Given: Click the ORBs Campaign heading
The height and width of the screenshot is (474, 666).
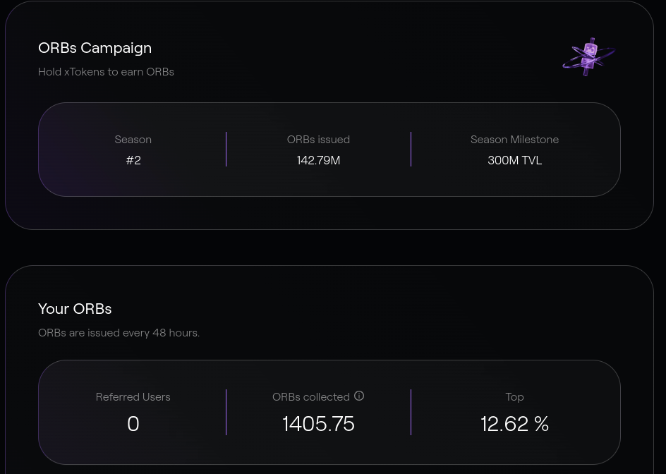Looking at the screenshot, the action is (95, 49).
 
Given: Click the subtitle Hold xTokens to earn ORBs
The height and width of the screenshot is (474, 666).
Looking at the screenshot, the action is (107, 72).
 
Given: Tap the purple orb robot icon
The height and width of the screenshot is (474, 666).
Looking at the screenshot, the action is (588, 57).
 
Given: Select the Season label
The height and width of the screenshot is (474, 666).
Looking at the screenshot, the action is (133, 140).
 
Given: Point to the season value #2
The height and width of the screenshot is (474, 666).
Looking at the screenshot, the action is (133, 160).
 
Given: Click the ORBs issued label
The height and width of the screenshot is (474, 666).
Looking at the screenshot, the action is (319, 140).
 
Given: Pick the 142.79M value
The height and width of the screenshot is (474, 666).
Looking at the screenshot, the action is (319, 160).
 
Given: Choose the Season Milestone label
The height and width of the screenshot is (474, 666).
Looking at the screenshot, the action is (515, 140).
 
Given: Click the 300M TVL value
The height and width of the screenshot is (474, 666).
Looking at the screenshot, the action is (515, 160).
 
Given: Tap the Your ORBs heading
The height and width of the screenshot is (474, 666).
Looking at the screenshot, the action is (75, 309).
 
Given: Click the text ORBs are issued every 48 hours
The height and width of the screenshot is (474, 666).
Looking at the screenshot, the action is (119, 332).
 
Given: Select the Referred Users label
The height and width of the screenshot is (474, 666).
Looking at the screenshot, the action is (133, 396).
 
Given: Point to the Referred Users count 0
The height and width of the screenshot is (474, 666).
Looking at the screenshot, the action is (133, 424).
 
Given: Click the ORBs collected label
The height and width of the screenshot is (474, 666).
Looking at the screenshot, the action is (311, 396).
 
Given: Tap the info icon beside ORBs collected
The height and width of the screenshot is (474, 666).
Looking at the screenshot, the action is (359, 396).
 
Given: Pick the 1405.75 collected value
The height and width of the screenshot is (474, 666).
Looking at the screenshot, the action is (319, 424).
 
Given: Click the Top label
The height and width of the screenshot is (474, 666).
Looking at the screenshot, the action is (515, 397).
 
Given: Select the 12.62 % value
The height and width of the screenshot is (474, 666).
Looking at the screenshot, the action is (515, 424).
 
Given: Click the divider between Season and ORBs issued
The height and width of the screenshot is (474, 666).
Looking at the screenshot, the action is (226, 149).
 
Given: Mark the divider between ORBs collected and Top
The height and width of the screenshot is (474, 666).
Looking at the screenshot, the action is (411, 412).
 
